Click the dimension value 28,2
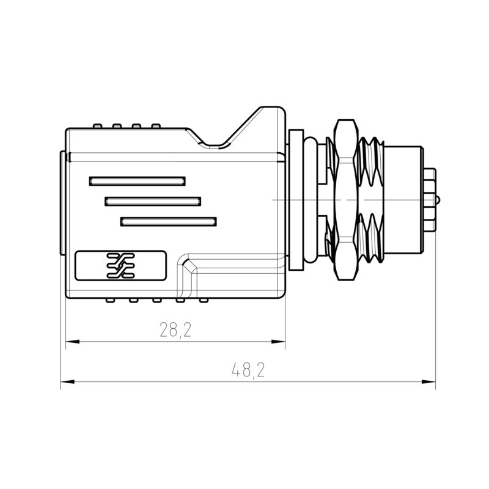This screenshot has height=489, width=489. pyautogui.click(x=175, y=331)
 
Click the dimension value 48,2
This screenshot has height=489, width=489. pyautogui.click(x=248, y=370)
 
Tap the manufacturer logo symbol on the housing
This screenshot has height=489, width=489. pyautogui.click(x=120, y=265)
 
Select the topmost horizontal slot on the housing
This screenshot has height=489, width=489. pyautogui.click(x=136, y=181)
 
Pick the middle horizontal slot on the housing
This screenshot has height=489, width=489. pyautogui.click(x=153, y=201)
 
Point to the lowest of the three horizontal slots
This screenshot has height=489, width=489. pyautogui.click(x=169, y=221)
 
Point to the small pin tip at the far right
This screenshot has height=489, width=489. pyautogui.click(x=439, y=200)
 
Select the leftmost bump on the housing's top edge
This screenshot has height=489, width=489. pyautogui.click(x=97, y=127)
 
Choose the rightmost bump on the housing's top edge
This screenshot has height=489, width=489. pyautogui.click(x=156, y=127)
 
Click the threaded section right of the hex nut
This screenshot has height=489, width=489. pyautogui.click(x=372, y=200)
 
